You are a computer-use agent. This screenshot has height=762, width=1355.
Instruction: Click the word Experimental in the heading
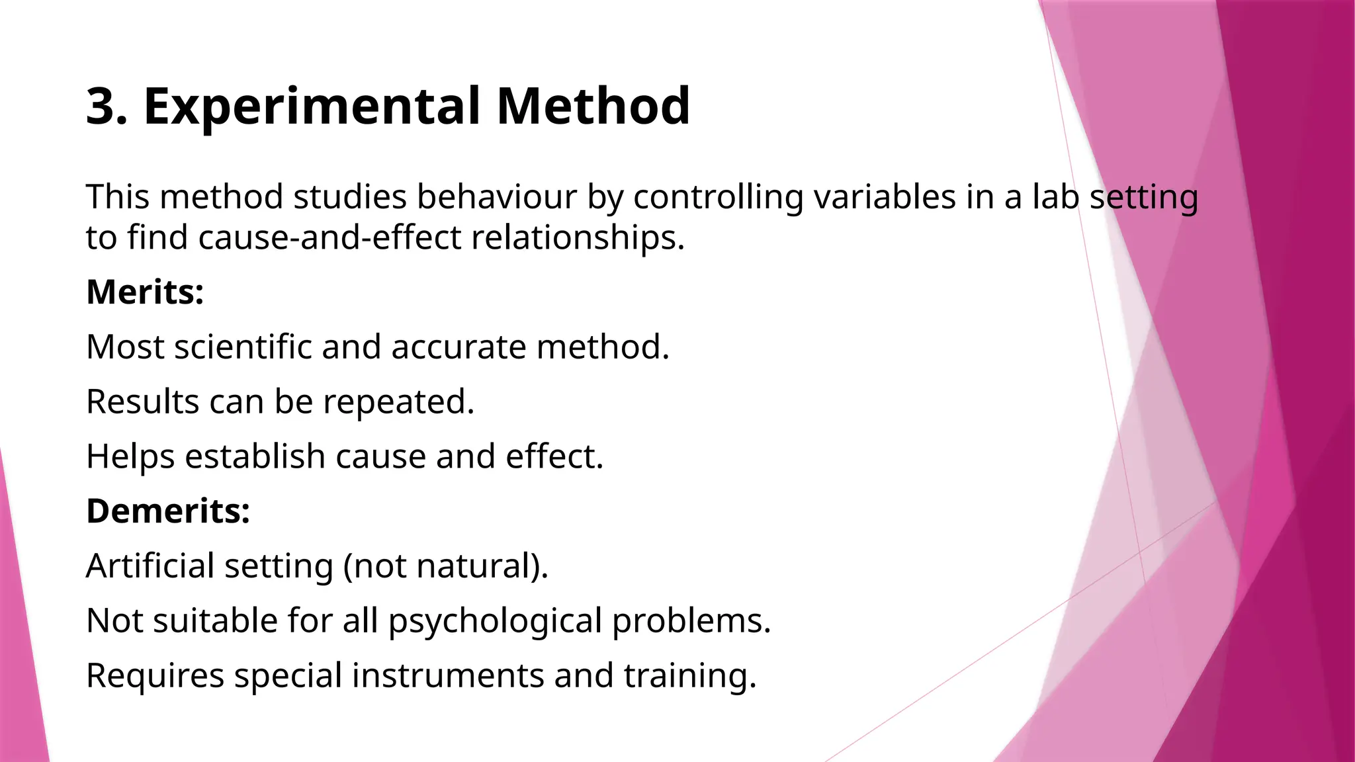coord(312,107)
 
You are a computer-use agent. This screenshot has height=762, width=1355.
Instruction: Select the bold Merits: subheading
coord(145,292)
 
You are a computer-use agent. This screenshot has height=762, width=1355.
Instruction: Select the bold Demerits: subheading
coord(168,511)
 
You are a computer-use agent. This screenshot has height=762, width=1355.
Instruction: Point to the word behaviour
coord(496,197)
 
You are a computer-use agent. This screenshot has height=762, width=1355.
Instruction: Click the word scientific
coord(243,347)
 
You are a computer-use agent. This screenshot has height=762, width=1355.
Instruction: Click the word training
coord(689,677)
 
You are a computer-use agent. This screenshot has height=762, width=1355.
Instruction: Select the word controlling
coord(718,198)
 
